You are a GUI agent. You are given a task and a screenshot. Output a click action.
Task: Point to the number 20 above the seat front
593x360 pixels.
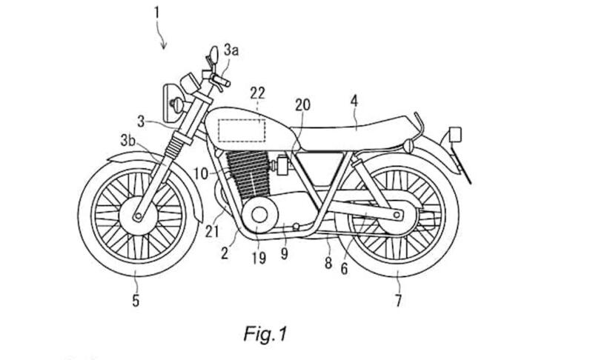coord(302,105)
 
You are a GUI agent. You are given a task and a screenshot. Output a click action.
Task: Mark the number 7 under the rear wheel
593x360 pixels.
coord(397,301)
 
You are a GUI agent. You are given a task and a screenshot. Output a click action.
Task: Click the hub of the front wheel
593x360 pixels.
coord(136,217)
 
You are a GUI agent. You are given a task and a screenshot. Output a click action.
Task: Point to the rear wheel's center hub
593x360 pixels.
coord(400,216)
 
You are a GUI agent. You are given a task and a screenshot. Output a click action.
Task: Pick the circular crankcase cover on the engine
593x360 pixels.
coord(262,216)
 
